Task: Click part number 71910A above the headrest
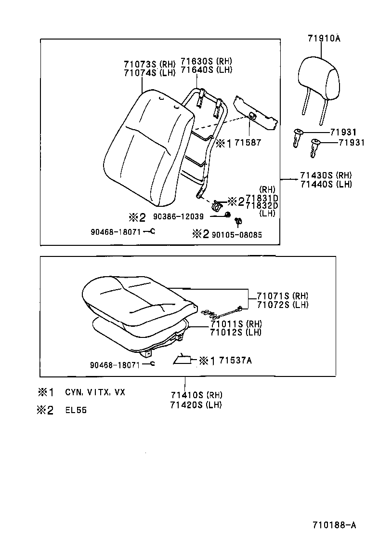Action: tap(324, 39)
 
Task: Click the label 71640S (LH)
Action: tap(206, 69)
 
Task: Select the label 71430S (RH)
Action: tap(326, 175)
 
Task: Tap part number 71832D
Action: tap(261, 206)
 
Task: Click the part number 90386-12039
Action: tap(180, 216)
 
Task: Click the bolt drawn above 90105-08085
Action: tap(238, 221)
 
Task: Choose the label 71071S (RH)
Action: tap(282, 296)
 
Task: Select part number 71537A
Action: tap(235, 360)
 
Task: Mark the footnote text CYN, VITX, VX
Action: tap(95, 392)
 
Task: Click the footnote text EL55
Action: tap(76, 411)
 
